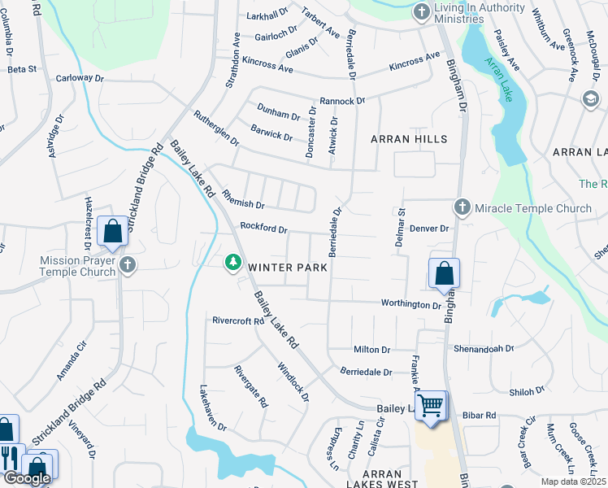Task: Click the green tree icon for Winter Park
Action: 233,262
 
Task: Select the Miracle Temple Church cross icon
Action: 463,207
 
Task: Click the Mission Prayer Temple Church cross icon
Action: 127,264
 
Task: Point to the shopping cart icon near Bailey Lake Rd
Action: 431,404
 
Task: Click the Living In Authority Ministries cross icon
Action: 421,11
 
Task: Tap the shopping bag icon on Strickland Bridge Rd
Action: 112,232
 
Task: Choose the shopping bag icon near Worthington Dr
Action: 444,274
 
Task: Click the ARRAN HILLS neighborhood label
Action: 409,139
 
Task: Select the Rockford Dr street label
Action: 263,229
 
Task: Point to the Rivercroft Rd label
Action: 238,321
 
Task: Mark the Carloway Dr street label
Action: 80,79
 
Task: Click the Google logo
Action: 27,478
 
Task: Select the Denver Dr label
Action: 429,229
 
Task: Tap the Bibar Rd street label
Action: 479,416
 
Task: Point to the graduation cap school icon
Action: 590,98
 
